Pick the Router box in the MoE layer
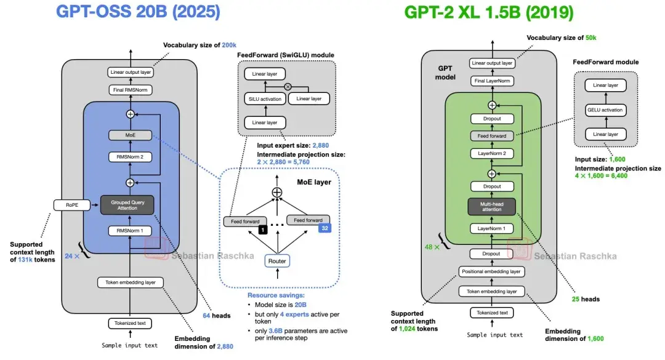pos(276,261)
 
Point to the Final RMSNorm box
pos(130,90)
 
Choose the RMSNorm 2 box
pos(130,156)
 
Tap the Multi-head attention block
pos(492,206)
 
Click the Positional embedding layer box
pos(491,271)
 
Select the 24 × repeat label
pos(73,254)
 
